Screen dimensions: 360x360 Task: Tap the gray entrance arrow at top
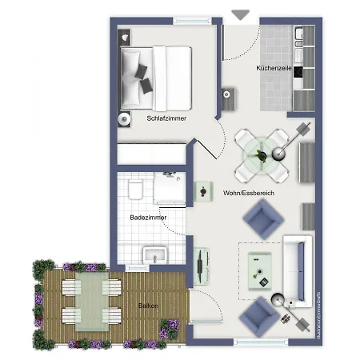pos(240,14)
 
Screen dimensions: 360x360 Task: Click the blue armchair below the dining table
pos(262,218)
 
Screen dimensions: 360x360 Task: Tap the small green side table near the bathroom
pos(202,189)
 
